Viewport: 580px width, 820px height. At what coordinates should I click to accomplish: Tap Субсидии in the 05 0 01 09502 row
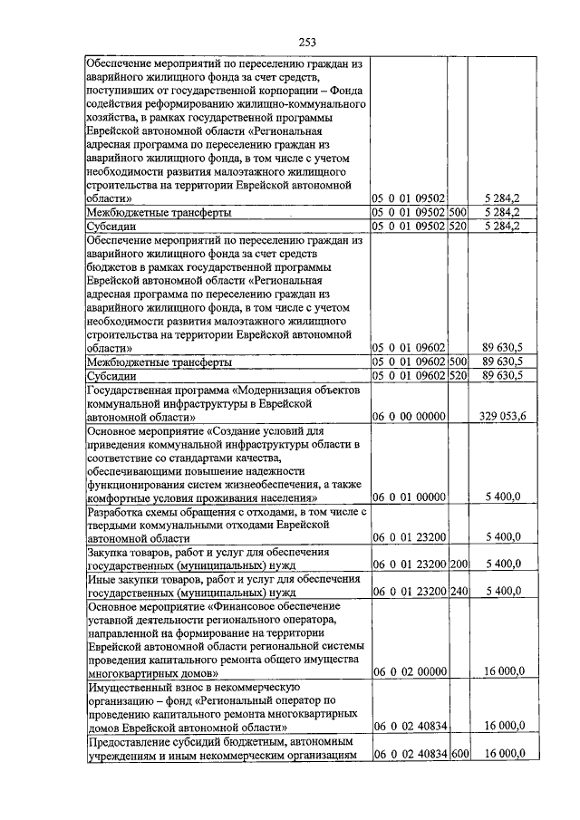(111, 226)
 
